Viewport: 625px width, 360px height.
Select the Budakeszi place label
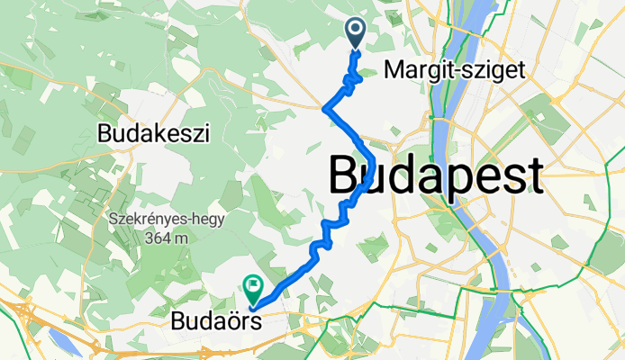tap(152, 135)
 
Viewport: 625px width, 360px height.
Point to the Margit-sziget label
tap(453, 68)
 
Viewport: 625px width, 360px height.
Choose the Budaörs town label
tap(216, 319)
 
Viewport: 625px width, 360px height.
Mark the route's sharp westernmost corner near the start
tap(323, 109)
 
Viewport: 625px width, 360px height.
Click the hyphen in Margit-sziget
tap(458, 69)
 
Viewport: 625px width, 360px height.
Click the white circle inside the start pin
tap(355, 30)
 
